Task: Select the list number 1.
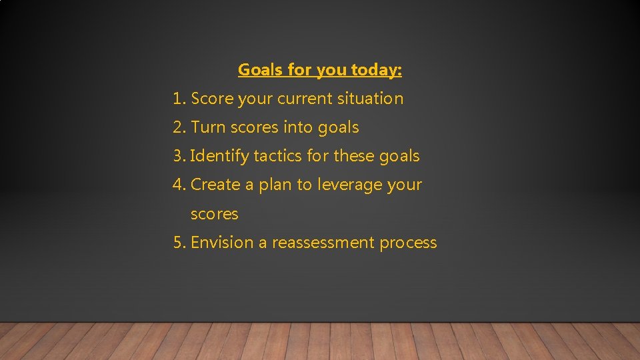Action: pos(177,99)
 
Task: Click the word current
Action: pos(307,99)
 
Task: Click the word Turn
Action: pos(208,127)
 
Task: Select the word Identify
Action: pos(219,156)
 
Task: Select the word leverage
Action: pos(346,185)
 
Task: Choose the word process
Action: pos(408,243)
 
